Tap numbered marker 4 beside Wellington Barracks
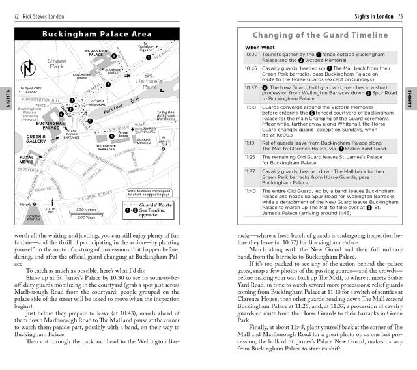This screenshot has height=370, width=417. [x=93, y=137]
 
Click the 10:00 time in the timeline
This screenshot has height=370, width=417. [x=251, y=55]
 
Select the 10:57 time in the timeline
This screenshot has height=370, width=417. [x=251, y=87]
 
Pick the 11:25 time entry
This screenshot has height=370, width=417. [x=251, y=157]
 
